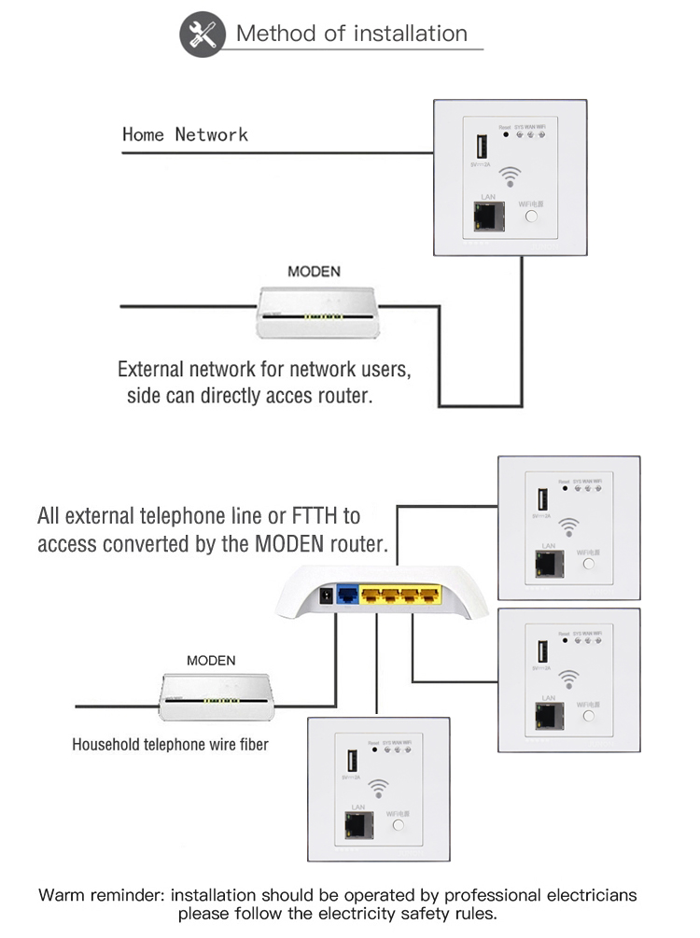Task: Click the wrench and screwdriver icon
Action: point(202,35)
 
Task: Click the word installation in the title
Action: point(408,34)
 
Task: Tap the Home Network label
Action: point(185,134)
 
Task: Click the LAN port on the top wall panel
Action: point(485,217)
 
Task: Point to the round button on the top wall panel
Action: point(532,217)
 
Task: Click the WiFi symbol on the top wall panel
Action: point(509,175)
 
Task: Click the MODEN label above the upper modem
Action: point(314,273)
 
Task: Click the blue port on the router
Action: point(346,595)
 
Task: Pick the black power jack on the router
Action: point(326,597)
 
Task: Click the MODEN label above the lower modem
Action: point(211,660)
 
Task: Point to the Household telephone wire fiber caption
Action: point(170,745)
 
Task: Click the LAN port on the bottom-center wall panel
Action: point(357,824)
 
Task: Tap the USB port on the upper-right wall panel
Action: point(541,499)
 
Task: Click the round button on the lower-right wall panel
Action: point(589,717)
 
